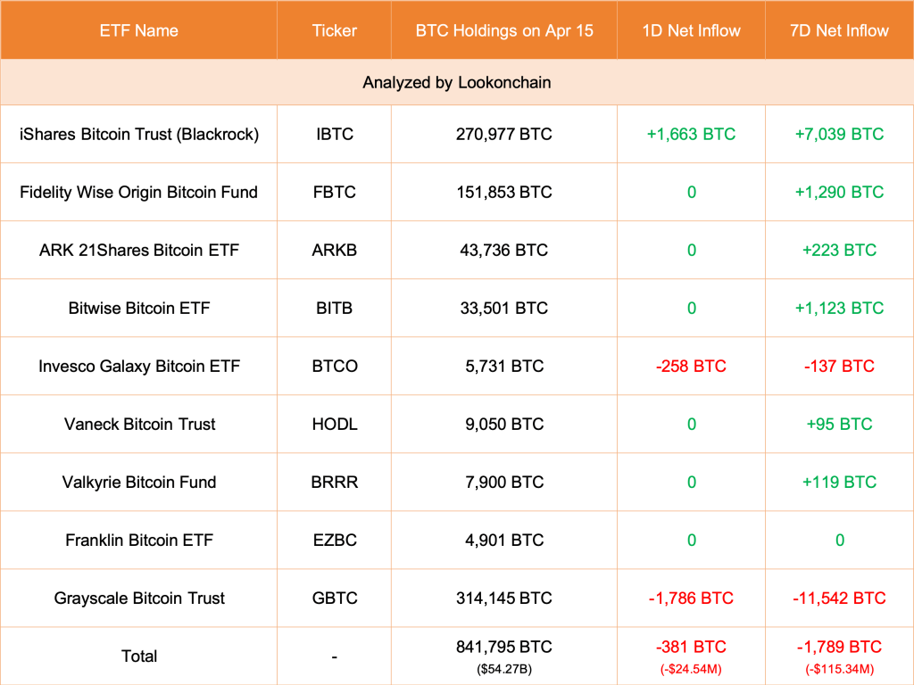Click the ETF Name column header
(138, 30)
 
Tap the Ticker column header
(334, 30)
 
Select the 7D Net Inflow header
(839, 30)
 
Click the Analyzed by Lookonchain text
(456, 82)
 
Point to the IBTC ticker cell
(334, 134)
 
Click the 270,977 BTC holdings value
(503, 134)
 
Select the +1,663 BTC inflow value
(691, 134)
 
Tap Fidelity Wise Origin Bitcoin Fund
(138, 192)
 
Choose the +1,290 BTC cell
(839, 192)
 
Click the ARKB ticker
(334, 250)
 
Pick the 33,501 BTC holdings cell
(503, 308)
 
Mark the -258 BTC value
(691, 366)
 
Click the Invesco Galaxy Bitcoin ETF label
(138, 366)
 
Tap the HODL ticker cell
(334, 424)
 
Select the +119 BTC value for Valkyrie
(839, 482)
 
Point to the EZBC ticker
(334, 540)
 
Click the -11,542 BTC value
(839, 598)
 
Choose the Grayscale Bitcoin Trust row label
(138, 598)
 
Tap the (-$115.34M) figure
(839, 668)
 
